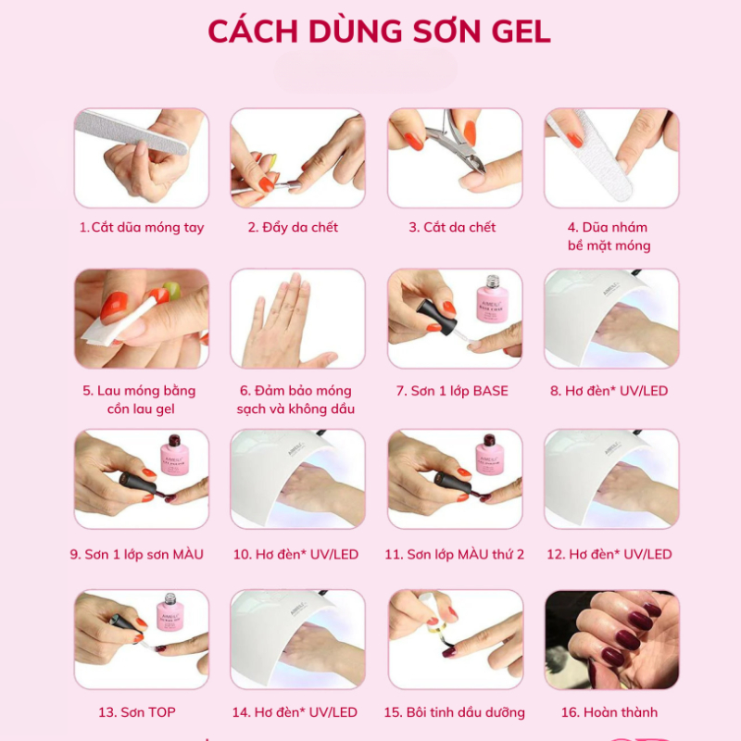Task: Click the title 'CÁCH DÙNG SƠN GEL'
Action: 379,31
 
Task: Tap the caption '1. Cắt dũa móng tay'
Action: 142,227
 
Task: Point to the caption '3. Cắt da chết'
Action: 453,227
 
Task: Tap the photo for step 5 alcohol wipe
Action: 142,319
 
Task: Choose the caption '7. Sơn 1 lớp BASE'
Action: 453,391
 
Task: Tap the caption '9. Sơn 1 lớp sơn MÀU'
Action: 137,554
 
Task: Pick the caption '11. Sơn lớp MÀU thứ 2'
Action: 454,554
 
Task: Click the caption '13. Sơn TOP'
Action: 137,712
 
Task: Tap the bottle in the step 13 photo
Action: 172,616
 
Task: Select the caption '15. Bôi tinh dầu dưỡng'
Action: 454,712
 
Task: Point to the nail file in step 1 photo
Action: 130,130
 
